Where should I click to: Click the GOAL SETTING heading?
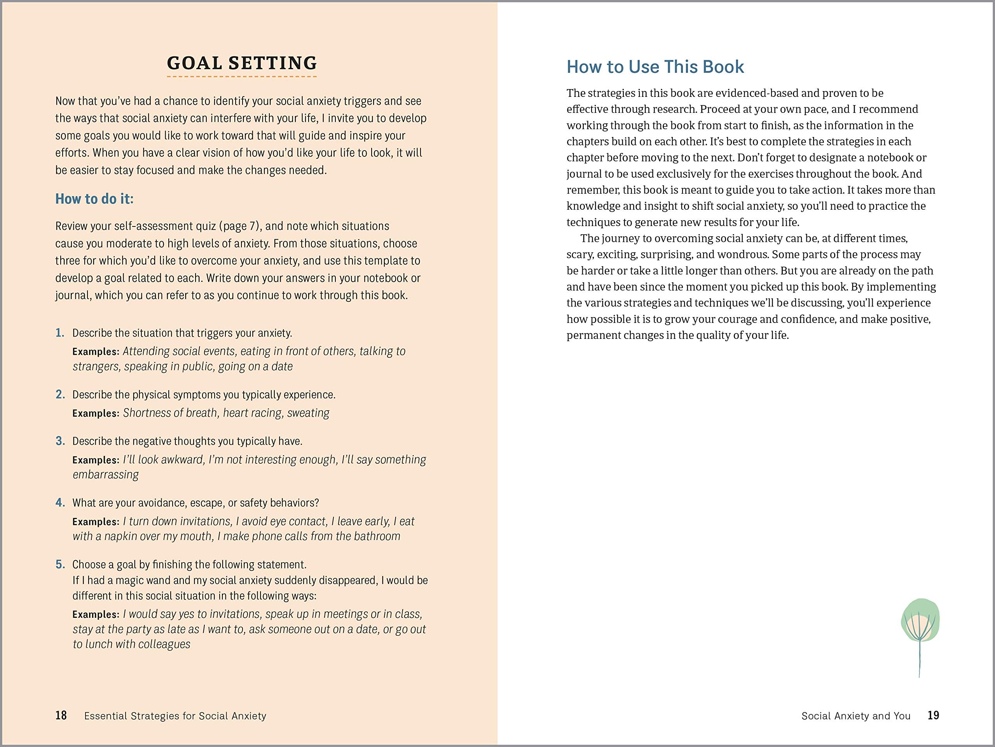coord(242,63)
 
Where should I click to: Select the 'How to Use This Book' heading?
coord(655,67)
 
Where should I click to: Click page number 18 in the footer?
coord(61,715)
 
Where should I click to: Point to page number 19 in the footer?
coord(933,715)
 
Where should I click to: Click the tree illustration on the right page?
coord(920,630)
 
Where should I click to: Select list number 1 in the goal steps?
coord(60,333)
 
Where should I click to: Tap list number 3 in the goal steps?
coord(60,441)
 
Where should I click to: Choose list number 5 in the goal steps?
coord(60,564)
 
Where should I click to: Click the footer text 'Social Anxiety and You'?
coord(855,716)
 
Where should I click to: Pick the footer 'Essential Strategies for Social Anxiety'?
coord(175,716)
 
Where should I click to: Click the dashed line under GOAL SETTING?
coord(242,77)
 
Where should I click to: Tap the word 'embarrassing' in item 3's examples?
coord(106,475)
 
